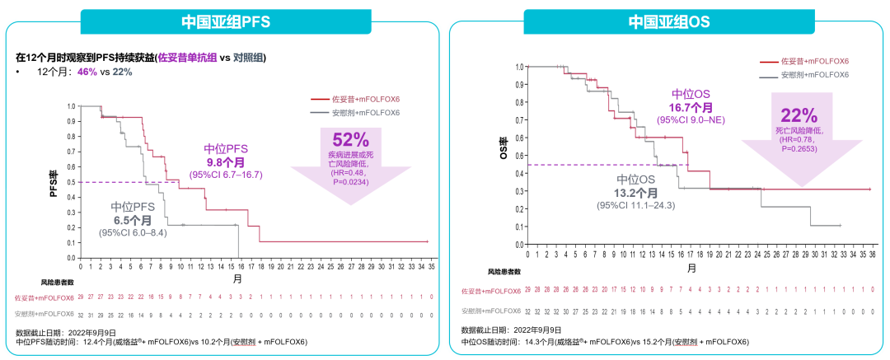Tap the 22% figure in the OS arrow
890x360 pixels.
[799, 115]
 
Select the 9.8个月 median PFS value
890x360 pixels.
[226, 162]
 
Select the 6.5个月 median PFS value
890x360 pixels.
[132, 220]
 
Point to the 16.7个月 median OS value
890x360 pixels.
[690, 108]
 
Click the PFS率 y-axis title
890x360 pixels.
[52, 175]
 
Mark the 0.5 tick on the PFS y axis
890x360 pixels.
[73, 182]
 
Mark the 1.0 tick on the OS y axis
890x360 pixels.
[519, 67]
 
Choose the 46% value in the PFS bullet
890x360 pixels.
[87, 72]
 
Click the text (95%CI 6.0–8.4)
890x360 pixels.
[133, 233]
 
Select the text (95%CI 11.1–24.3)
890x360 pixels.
[636, 205]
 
